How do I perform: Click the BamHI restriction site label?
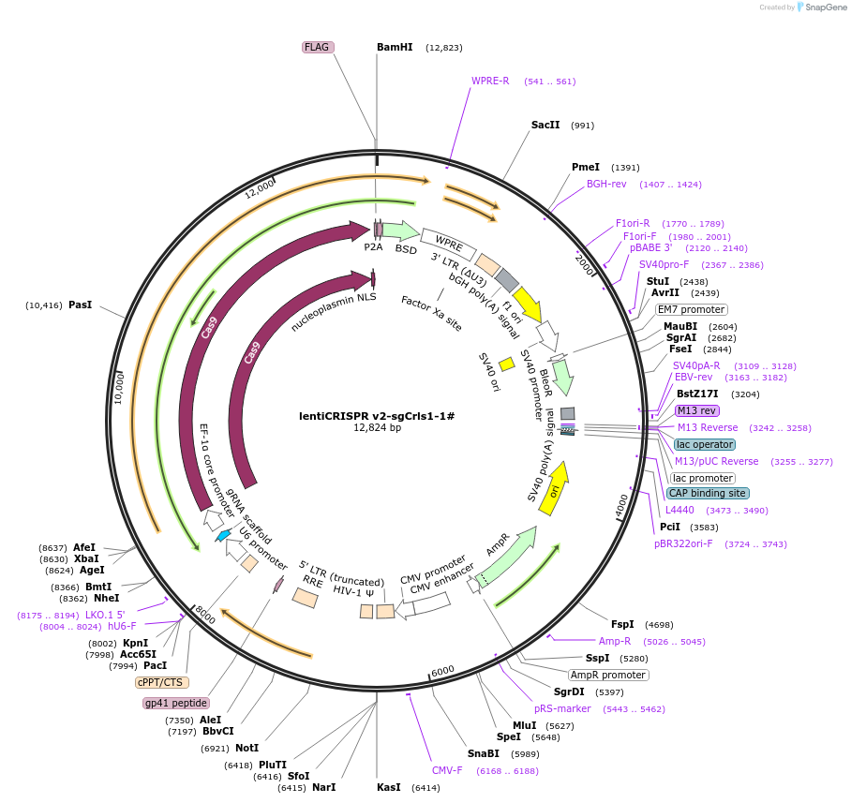pyautogui.click(x=395, y=47)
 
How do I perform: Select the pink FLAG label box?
pyautogui.click(x=318, y=47)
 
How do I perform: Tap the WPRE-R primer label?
pyautogui.click(x=490, y=81)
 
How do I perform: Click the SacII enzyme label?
pyautogui.click(x=545, y=125)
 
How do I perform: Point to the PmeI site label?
pyautogui.click(x=586, y=167)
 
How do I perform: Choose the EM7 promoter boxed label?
pyautogui.click(x=691, y=309)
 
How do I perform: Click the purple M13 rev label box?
pyautogui.click(x=696, y=410)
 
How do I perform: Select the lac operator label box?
pyautogui.click(x=704, y=444)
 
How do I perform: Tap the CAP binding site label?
pyautogui.click(x=708, y=493)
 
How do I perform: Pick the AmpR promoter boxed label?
pyautogui.click(x=608, y=675)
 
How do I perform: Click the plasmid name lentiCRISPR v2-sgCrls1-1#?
pyautogui.click(x=376, y=415)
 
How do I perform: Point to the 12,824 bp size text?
pyautogui.click(x=377, y=427)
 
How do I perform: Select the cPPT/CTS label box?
pyautogui.click(x=162, y=682)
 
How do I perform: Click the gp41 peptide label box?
pyautogui.click(x=176, y=703)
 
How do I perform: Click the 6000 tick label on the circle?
pyautogui.click(x=442, y=671)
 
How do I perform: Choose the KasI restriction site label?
pyautogui.click(x=388, y=787)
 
